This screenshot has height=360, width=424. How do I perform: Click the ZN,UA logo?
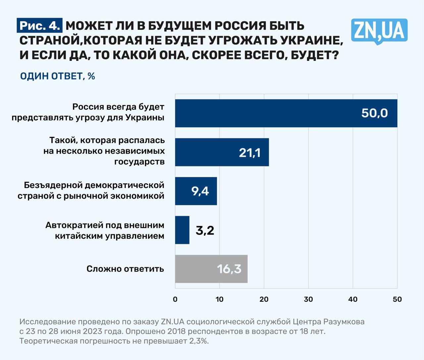(379, 31)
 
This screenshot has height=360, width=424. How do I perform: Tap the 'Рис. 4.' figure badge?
(40, 26)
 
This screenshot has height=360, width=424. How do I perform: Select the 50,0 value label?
(374, 113)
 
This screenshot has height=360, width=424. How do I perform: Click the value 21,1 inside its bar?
(250, 153)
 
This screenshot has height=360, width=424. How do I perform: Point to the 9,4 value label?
(200, 191)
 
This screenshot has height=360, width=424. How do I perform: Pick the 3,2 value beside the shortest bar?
(205, 230)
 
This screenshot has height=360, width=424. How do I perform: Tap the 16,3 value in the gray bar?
(229, 269)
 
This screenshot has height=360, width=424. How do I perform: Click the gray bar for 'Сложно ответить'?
(199, 269)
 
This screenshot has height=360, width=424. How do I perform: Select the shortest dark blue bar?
(182, 230)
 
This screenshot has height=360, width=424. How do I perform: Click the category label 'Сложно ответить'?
(125, 269)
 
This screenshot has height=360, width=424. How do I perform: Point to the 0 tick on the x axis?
(175, 299)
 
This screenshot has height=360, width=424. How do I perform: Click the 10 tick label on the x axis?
(219, 299)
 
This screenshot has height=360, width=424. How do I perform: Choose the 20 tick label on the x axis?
(264, 299)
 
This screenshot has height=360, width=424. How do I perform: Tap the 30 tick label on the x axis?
(308, 299)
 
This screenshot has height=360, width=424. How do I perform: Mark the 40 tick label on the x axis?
(353, 299)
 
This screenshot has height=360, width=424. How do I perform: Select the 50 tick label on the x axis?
(397, 299)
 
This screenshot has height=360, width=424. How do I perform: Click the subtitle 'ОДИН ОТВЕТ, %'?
(58, 76)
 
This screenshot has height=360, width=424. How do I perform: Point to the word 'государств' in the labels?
(139, 162)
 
